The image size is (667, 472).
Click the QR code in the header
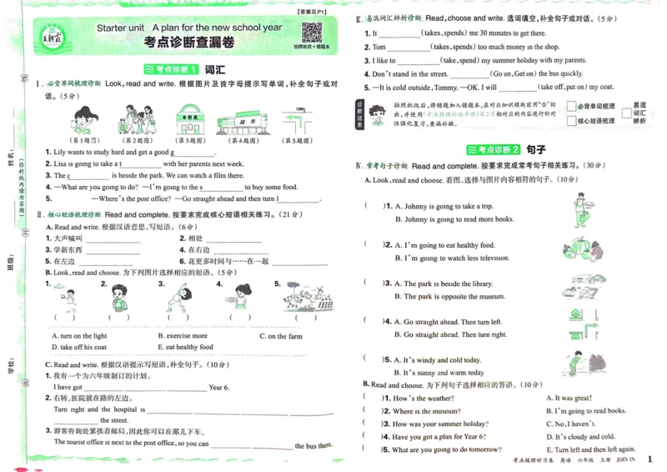pos(311,32)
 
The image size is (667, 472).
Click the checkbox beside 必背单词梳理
pos(571,107)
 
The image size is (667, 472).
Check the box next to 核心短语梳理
pos(571,121)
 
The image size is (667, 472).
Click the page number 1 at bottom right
pos(649,456)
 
